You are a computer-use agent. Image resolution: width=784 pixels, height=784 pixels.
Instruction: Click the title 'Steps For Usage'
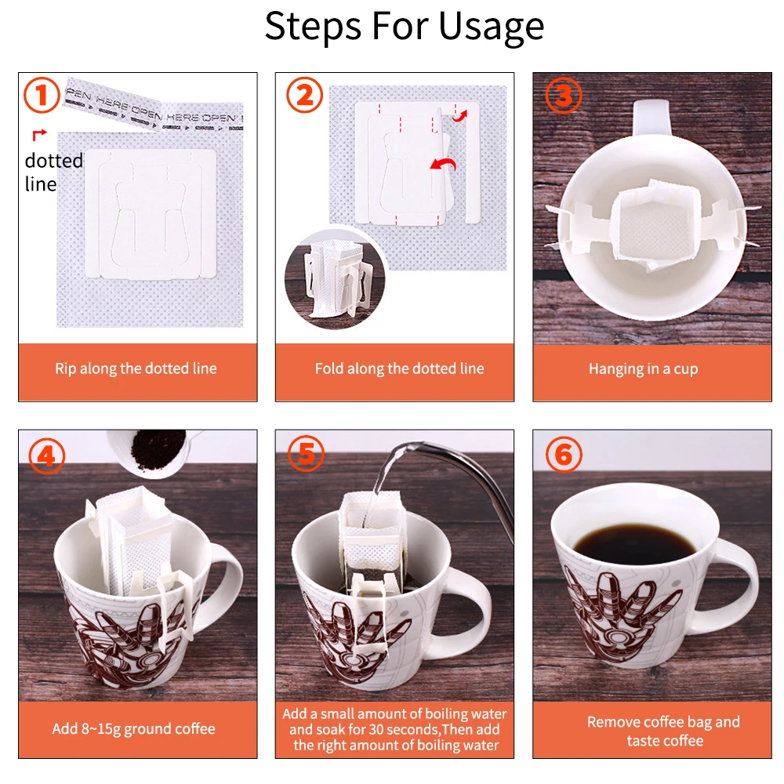pos(404,26)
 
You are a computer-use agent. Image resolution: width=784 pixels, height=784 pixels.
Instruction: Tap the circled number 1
pos(42,96)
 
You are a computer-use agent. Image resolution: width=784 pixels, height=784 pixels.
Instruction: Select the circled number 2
pos(304,96)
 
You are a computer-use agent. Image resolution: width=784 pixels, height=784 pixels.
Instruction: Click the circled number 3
pos(564,95)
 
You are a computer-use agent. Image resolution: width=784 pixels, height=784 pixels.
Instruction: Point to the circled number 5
pos(305,456)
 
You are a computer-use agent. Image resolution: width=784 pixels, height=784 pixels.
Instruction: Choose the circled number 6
pos(564,455)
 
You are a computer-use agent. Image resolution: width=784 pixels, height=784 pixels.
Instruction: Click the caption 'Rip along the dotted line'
pos(136,368)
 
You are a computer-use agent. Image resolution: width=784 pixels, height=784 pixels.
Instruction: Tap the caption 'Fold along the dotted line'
pos(399,368)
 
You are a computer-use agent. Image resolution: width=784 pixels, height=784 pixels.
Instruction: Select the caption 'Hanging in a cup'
pos(643,368)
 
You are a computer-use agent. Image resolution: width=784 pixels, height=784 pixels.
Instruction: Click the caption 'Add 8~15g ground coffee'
pos(133,728)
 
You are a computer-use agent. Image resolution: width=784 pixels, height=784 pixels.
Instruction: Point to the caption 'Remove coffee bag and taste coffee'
pos(663,731)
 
